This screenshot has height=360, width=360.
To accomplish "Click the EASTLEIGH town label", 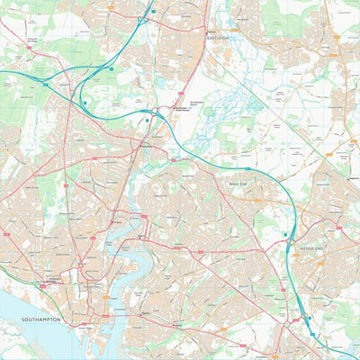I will coord(219,39).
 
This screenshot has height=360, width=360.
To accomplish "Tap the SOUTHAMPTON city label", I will coord(35,319).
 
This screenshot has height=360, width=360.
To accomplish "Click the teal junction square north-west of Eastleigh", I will coord(153,12).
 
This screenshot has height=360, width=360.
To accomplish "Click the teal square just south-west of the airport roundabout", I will coord(148,120).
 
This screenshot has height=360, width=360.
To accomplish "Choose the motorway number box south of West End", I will coord(248,168).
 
